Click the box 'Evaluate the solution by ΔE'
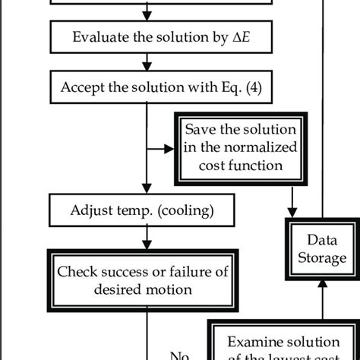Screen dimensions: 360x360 [145, 37]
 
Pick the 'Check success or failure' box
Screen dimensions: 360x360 [145, 281]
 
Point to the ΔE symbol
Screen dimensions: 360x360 [210, 37]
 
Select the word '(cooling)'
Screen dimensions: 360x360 [187, 207]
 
